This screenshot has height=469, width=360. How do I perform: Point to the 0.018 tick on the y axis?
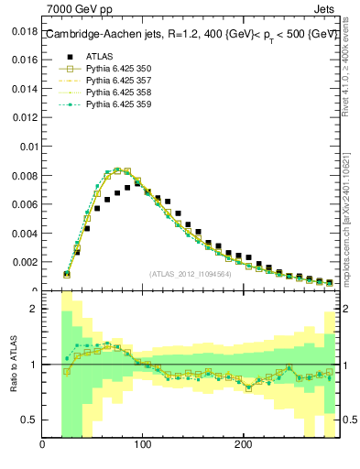(25, 30)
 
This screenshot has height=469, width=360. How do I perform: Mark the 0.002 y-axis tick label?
(25, 262)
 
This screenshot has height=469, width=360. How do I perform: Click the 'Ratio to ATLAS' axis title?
(14, 364)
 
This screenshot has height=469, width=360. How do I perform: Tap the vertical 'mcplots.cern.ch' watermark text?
(351, 211)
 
